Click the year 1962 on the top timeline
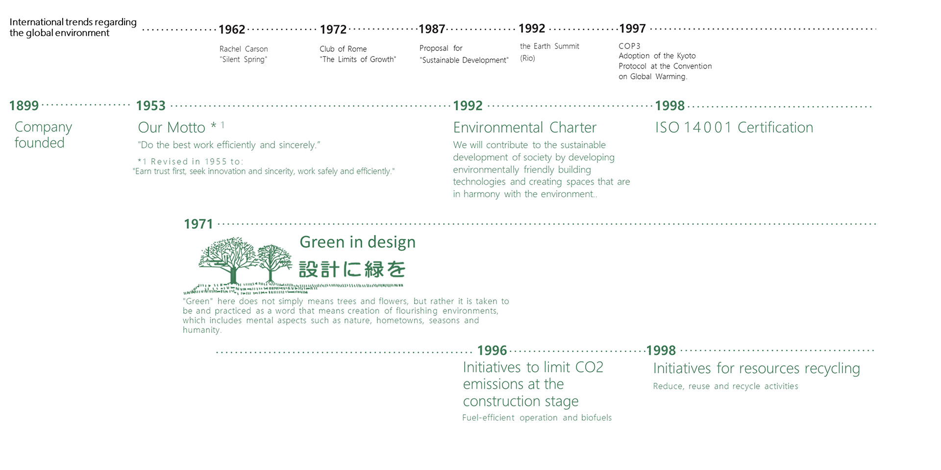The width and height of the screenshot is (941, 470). point(232,30)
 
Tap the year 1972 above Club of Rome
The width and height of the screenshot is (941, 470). point(333,30)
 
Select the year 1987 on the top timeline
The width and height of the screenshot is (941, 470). point(432,29)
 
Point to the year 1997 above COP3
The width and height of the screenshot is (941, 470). point(633,29)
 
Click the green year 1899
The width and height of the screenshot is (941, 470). point(24,106)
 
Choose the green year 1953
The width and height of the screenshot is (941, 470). point(151,106)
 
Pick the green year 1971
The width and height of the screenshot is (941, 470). point(198,224)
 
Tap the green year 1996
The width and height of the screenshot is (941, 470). point(492,351)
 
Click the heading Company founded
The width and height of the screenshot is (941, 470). point(43,135)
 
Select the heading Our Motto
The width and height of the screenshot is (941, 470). point(172,128)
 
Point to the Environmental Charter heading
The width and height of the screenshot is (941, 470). point(525,128)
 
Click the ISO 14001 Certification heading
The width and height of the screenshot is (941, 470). point(734,128)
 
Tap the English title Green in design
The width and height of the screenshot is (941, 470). point(358,242)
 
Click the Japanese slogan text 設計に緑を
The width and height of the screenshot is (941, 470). point(352,269)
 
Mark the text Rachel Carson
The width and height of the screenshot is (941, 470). point(244,49)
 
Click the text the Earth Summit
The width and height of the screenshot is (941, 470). point(549,47)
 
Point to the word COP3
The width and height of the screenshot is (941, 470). point(629,46)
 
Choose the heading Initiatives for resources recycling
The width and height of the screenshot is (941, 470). point(757,369)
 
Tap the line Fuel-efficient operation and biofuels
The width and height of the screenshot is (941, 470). point(537,418)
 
